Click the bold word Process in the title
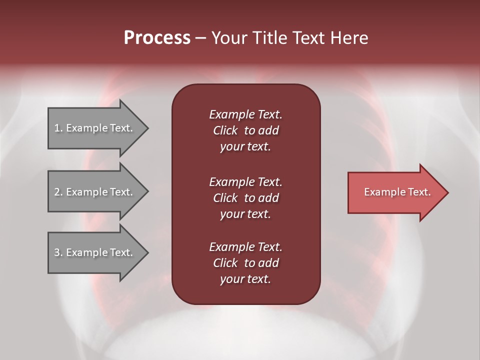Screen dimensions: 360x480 (x=157, y=37)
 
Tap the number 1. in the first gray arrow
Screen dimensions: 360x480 (x=58, y=128)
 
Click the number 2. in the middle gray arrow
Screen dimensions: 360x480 (x=58, y=192)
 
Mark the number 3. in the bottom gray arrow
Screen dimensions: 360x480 (x=58, y=252)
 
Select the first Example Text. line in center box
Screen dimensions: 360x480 (x=245, y=114)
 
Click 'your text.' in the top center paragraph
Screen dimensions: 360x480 (x=245, y=146)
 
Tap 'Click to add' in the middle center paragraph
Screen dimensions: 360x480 (x=245, y=198)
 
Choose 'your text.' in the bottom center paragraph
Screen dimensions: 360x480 (x=245, y=279)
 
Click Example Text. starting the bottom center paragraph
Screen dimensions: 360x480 (x=245, y=247)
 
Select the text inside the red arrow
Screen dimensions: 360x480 (x=397, y=192)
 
